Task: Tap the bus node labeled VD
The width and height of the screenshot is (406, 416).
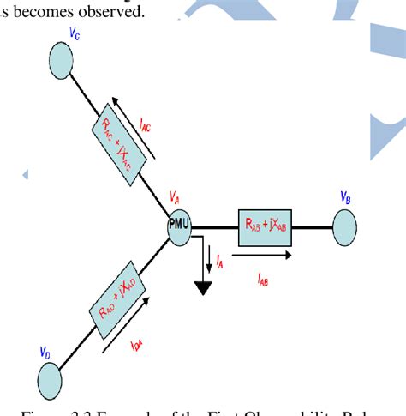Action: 49,377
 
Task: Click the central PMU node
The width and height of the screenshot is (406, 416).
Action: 180,226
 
